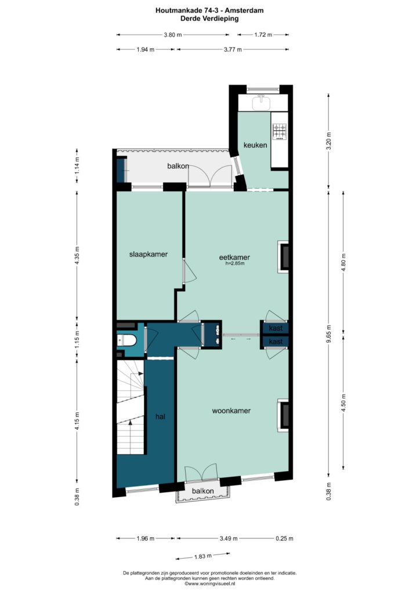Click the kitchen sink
coord(261,102)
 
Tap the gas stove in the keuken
coord(280,131)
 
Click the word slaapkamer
coord(149,254)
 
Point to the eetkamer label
coord(234,257)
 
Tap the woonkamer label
coord(231,411)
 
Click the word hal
coord(160,416)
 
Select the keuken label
coord(255,144)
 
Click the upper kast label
coord(276,328)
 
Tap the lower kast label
coord(276,342)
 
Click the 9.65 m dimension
coord(328,334)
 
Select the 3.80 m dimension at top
coord(173,35)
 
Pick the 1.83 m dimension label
coord(202,556)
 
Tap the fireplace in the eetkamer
coord(284,256)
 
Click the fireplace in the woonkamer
coord(284,415)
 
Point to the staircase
coord(131,407)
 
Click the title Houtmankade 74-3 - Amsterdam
coord(209,10)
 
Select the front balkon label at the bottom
coord(202,491)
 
